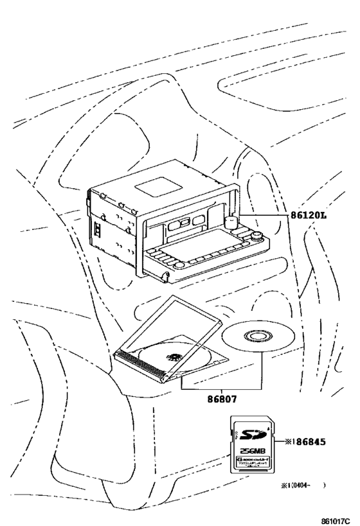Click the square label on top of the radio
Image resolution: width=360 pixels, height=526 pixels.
(157, 187)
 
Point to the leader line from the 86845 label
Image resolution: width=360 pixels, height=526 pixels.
(278, 441)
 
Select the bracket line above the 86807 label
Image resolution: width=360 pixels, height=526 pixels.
(222, 389)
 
